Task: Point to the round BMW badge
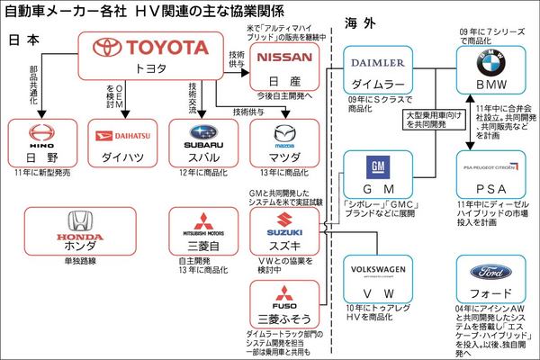tap(491, 63)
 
